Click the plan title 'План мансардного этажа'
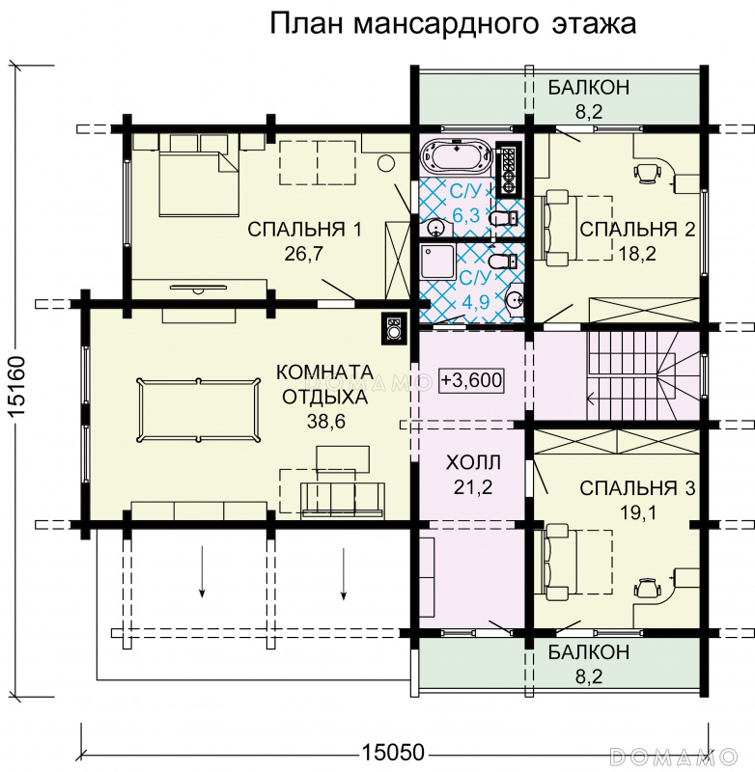point(453,24)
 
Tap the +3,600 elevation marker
point(472,380)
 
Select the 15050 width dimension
point(393,753)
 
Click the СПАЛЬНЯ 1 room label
point(304,230)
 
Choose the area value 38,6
point(326,422)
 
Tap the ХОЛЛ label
point(473,463)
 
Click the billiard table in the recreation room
point(199,410)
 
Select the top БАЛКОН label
point(589,87)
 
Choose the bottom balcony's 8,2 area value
point(589,676)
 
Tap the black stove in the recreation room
point(394,328)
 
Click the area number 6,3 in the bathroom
point(464,214)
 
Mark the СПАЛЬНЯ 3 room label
point(637,488)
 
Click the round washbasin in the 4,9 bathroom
point(515,298)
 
